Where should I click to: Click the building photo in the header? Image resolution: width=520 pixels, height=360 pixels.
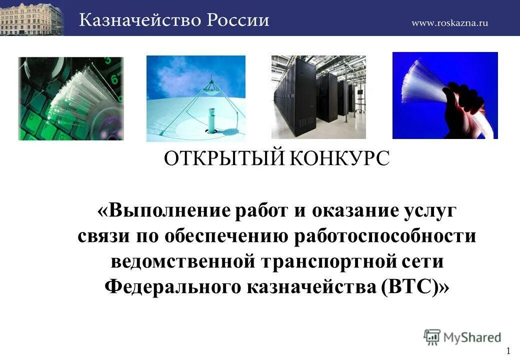pyautogui.click(x=32, y=18)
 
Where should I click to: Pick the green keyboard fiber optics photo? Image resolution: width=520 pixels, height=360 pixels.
pyautogui.click(x=70, y=98)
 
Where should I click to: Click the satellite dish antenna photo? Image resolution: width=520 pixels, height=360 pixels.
pyautogui.click(x=195, y=98)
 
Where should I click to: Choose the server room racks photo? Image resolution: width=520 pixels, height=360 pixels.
pyautogui.click(x=318, y=97)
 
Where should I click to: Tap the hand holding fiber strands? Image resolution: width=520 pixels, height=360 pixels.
pyautogui.click(x=445, y=95)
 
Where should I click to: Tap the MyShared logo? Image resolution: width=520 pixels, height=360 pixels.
pyautogui.click(x=462, y=336)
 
